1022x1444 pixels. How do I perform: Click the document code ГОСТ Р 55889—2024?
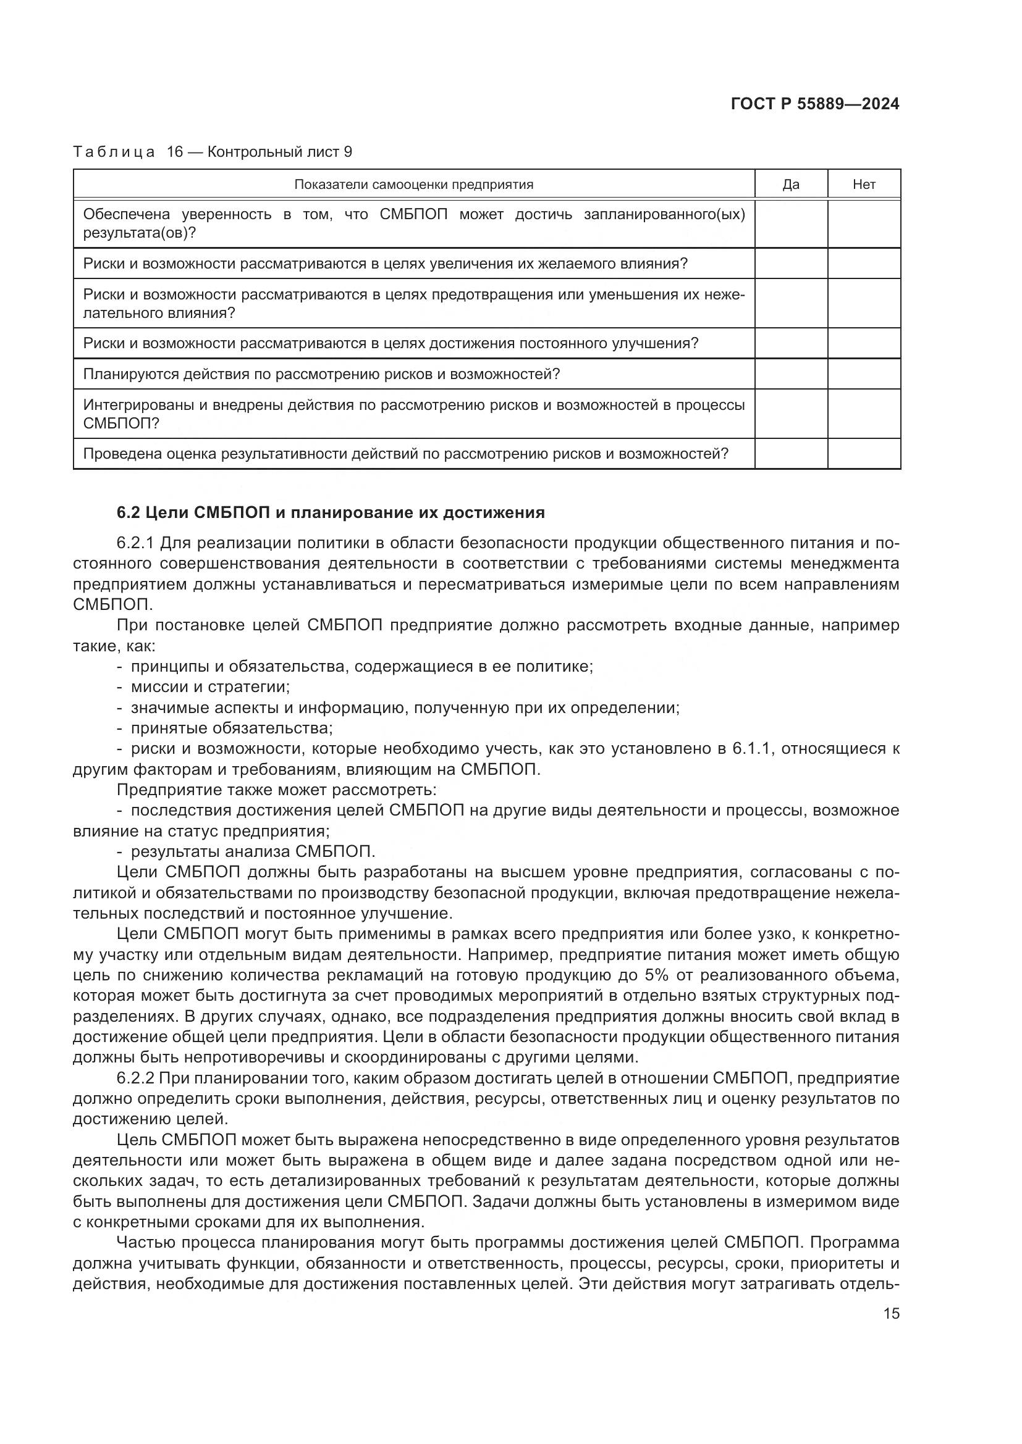(815, 104)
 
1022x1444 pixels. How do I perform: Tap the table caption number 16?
(174, 152)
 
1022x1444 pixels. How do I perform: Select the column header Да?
(790, 184)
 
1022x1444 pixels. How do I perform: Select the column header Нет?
(863, 184)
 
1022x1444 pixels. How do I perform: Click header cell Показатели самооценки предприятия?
(413, 184)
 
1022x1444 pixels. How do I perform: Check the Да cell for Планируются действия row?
(790, 374)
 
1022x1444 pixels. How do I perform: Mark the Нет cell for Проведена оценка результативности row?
(863, 454)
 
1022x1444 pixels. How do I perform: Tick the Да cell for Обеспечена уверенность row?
(790, 224)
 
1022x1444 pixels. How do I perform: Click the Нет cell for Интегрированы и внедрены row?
(863, 414)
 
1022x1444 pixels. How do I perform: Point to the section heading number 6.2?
(129, 512)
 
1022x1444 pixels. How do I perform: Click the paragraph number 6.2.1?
(136, 543)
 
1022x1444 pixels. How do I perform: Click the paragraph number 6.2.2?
(136, 1079)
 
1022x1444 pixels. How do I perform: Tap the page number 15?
(891, 1313)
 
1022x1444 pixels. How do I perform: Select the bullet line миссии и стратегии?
(210, 687)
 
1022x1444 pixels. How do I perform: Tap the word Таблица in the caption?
(114, 152)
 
